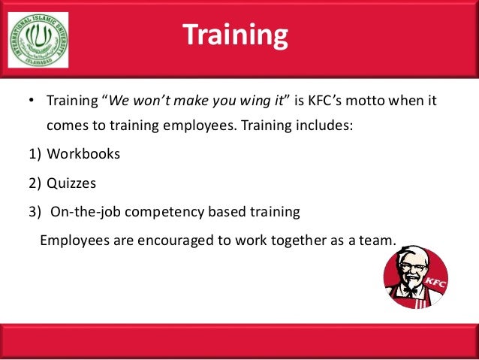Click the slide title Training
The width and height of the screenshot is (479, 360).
click(235, 36)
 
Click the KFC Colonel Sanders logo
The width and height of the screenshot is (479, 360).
click(415, 277)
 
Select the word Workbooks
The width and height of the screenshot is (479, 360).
click(83, 154)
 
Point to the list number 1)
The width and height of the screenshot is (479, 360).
click(34, 154)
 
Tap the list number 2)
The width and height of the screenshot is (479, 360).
click(34, 183)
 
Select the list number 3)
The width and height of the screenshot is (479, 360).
click(34, 212)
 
